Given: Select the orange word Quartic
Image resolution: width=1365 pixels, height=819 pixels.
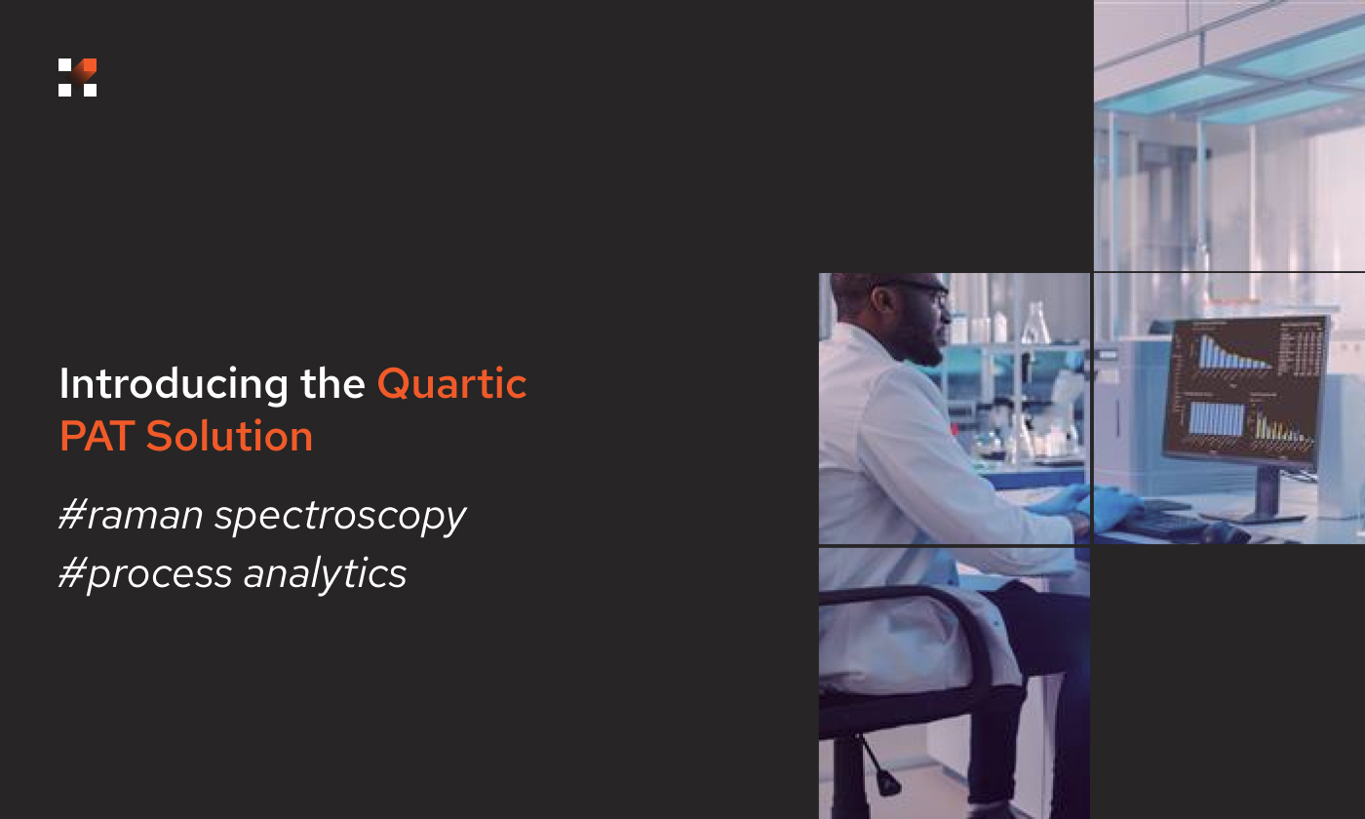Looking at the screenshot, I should (x=451, y=384).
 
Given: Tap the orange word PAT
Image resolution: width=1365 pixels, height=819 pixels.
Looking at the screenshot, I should (x=97, y=436).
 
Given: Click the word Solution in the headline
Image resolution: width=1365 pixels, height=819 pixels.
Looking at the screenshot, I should (x=229, y=436).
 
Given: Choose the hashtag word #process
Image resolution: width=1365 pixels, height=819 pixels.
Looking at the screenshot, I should (x=145, y=574).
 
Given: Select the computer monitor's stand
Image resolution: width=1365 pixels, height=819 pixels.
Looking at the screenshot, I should (x=1268, y=492).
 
